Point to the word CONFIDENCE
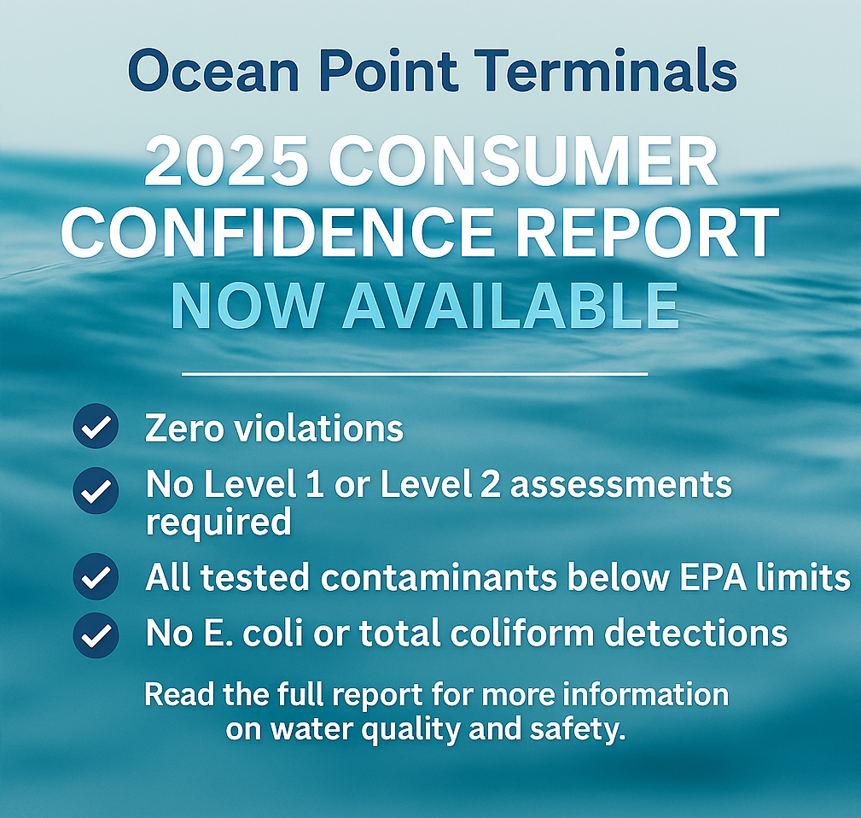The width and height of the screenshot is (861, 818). tap(278, 233)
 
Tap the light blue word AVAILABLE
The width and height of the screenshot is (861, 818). tap(510, 306)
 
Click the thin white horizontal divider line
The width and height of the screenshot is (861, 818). tap(415, 374)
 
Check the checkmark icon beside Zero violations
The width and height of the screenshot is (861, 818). tap(96, 426)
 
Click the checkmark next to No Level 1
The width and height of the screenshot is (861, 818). tap(96, 491)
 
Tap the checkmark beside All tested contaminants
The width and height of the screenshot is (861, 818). tap(96, 576)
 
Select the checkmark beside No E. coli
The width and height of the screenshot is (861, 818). tap(96, 635)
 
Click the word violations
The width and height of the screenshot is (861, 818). tap(319, 428)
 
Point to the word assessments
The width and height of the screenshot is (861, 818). tap(620, 486)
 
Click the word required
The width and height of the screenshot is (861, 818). tap(218, 522)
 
